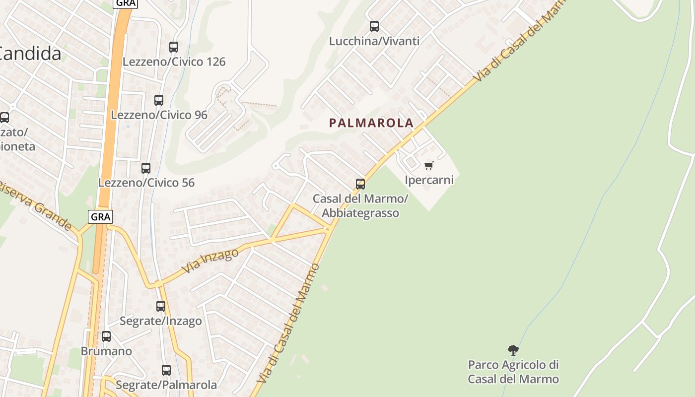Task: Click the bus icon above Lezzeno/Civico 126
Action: [174, 47]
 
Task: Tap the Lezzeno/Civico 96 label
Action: [159, 115]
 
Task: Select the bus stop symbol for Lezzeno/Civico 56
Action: [146, 168]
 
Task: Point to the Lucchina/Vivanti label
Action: [374, 41]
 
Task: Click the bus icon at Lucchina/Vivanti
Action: [374, 26]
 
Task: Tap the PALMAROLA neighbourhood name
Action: [371, 123]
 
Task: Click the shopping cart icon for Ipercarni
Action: [429, 165]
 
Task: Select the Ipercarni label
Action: [429, 180]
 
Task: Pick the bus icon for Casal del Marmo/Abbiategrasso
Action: [360, 184]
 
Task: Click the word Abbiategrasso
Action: [360, 213]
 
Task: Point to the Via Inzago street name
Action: [210, 261]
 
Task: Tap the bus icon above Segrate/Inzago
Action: [161, 306]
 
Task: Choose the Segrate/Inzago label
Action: [161, 321]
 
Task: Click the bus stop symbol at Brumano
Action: [106, 336]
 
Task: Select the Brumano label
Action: [106, 351]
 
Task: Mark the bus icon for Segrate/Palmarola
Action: [166, 370]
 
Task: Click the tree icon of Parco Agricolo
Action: [513, 350]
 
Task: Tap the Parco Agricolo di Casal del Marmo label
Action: [513, 372]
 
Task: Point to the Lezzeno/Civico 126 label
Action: [174, 62]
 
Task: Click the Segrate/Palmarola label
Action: [166, 385]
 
